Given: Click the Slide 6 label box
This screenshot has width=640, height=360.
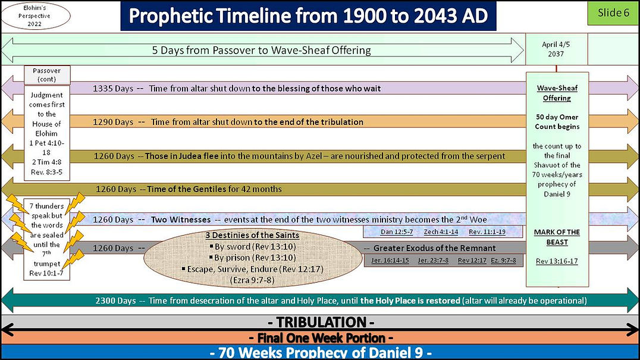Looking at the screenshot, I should [x=613, y=13].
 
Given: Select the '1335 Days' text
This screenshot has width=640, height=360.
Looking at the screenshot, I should [x=113, y=88].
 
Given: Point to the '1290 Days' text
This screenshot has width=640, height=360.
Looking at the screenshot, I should [x=113, y=122].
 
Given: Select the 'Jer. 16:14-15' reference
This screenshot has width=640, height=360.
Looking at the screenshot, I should [x=389, y=261].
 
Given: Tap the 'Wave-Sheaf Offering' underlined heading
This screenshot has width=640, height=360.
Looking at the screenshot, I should [x=557, y=93].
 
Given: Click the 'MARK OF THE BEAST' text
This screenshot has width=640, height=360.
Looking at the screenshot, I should [x=557, y=237].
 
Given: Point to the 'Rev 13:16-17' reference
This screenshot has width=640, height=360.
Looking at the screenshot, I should [x=557, y=261].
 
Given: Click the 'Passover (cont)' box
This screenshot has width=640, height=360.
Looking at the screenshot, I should [x=47, y=74].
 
